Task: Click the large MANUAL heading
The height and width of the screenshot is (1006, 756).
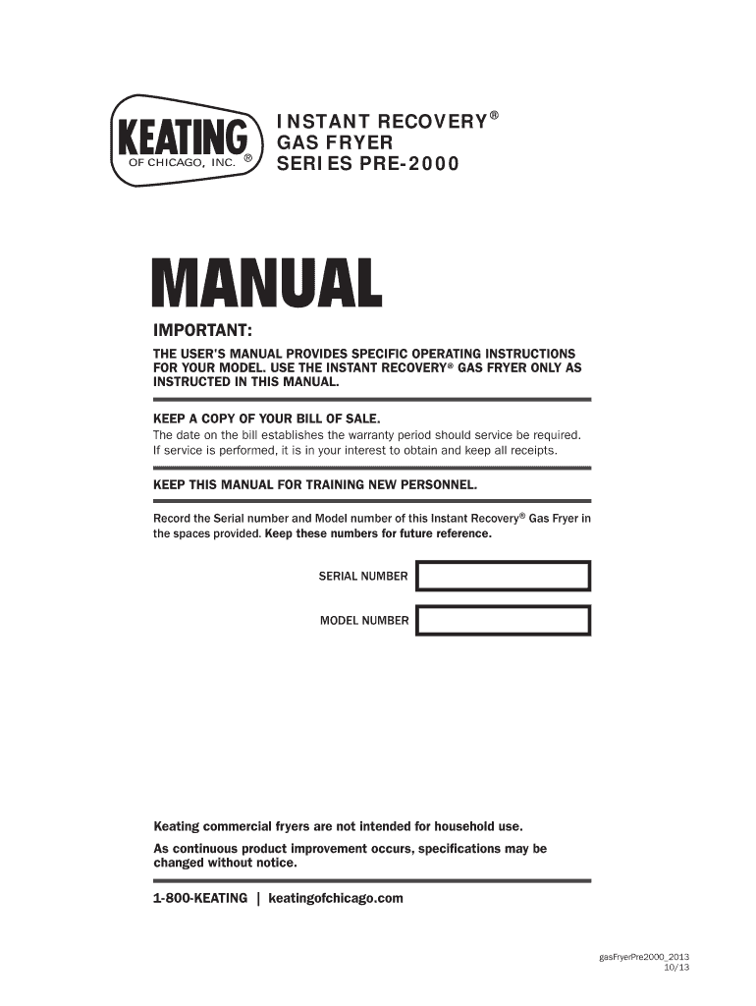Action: pos(266,284)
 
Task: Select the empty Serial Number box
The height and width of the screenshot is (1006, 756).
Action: pos(503,576)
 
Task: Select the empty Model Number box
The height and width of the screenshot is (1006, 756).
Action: pos(503,621)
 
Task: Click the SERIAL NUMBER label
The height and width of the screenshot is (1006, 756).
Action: pos(362,577)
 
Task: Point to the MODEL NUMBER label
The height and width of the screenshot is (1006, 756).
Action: pos(363,621)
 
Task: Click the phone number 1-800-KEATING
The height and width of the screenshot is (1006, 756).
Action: pos(200,898)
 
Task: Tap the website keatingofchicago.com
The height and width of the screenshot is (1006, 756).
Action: pos(336,898)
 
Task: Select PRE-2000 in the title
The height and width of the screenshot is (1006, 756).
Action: pos(413,164)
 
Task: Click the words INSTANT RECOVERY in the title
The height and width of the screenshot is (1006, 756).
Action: pos(382,121)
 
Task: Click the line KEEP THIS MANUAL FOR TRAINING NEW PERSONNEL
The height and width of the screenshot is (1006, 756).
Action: pos(315,485)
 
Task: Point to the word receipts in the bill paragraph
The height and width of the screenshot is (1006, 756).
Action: pos(532,451)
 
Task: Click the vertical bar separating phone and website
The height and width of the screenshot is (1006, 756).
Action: pos(257,898)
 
